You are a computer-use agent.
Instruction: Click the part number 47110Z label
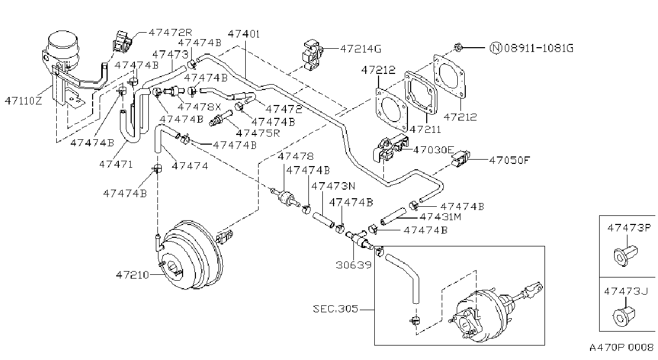[x=24, y=101]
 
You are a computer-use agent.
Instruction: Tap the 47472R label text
[x=170, y=32]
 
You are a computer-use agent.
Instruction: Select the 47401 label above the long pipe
[x=244, y=34]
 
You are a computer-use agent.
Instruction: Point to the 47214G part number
[x=361, y=49]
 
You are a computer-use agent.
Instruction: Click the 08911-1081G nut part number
[x=539, y=48]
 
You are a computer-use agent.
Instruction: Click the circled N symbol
[x=496, y=48]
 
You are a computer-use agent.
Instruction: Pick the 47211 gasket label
[x=425, y=129]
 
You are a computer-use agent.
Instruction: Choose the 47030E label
[x=434, y=150]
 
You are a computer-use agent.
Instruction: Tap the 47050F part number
[x=510, y=160]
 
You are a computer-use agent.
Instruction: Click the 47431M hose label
[x=441, y=217]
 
